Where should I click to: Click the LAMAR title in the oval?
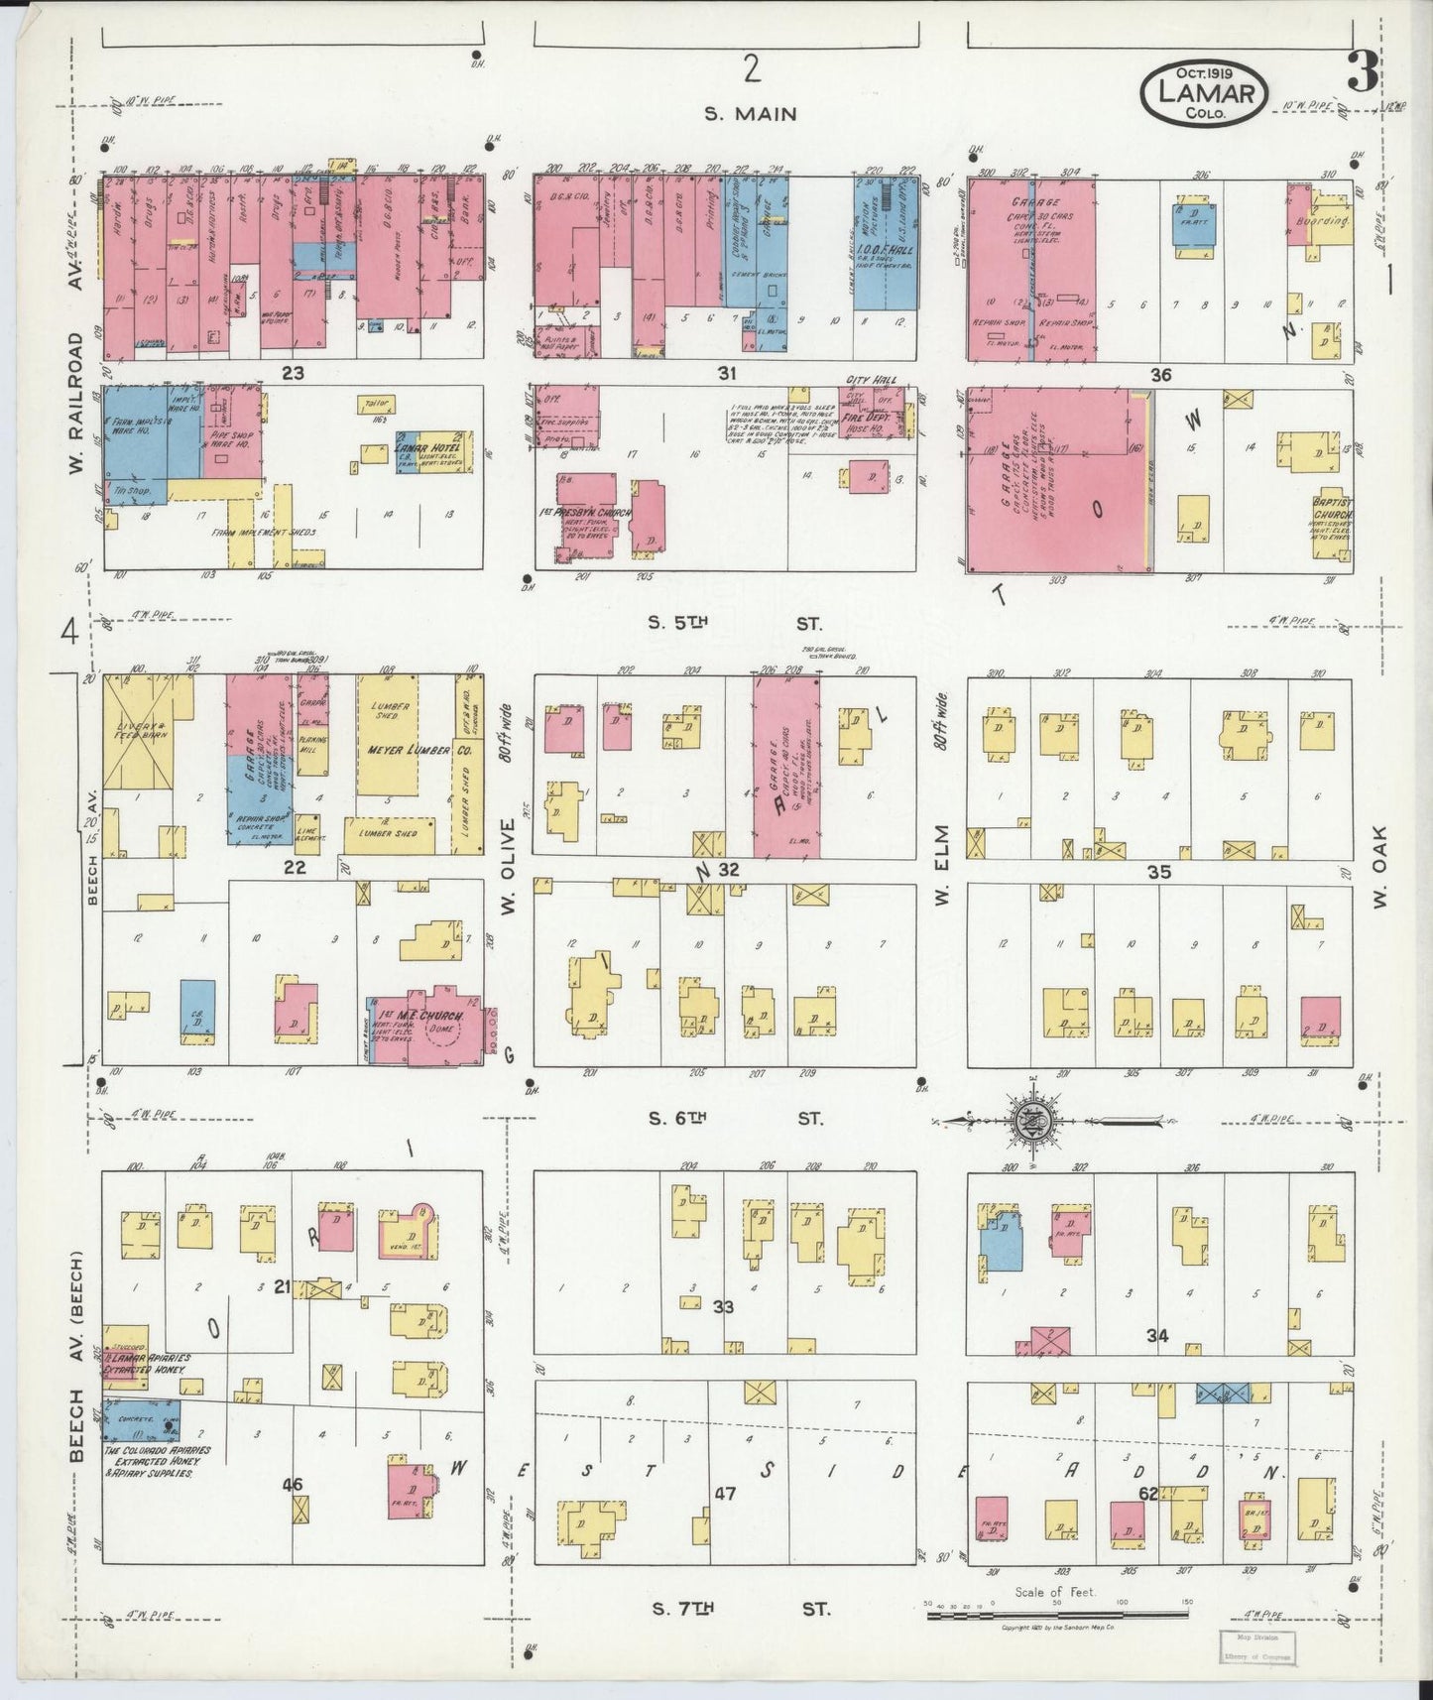(1205, 93)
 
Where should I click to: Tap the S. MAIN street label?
(750, 114)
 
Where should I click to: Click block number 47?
(725, 1493)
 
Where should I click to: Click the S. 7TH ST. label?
(737, 1608)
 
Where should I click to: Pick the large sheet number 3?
(1362, 71)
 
